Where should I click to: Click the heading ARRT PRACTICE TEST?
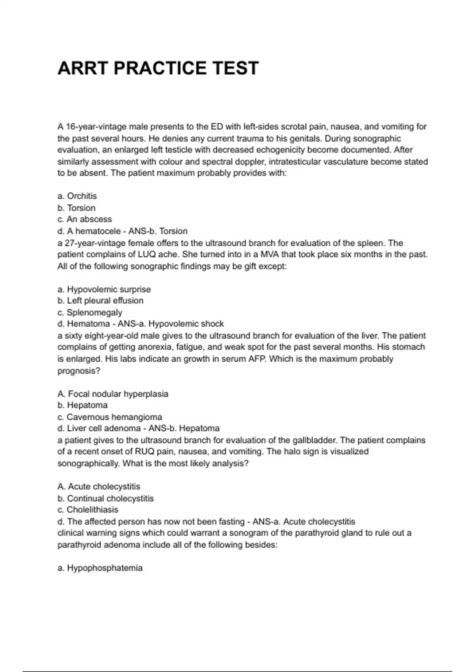158,68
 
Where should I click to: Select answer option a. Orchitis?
77,196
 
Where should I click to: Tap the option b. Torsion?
76,208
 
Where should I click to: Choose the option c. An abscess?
85,219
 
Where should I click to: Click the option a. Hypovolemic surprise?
104,289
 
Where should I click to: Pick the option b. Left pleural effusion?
101,301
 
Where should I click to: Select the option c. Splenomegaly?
90,313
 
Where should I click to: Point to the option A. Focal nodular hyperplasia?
113,394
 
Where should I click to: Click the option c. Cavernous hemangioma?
110,417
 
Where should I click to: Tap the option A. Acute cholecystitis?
99,487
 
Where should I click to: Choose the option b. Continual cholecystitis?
106,498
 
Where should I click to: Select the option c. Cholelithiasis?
88,510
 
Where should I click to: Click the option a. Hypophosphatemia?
100,568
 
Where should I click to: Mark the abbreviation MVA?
270,255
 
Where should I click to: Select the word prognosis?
79,371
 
